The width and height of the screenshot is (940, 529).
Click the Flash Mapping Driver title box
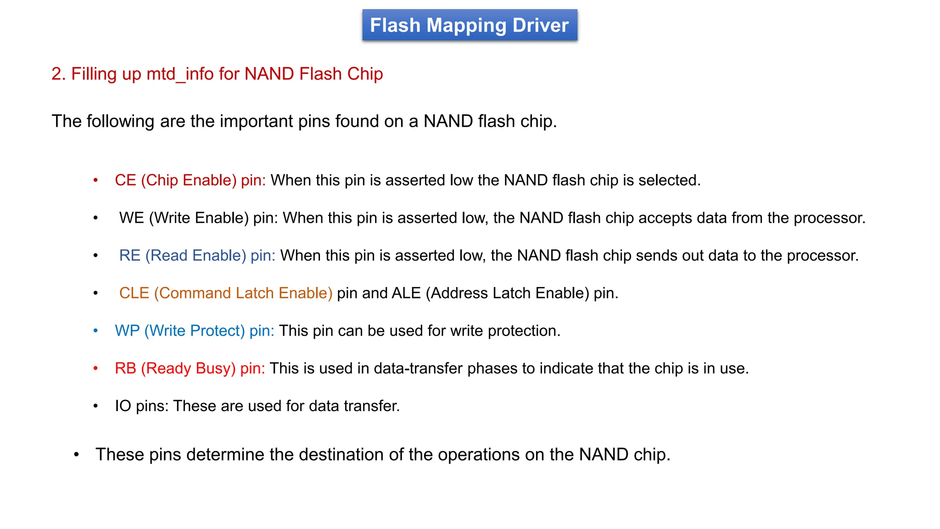469,25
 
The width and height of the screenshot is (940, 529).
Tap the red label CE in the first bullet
125,180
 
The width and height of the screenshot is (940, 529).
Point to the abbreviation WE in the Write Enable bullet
132,218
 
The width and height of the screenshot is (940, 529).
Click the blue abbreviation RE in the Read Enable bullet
130,256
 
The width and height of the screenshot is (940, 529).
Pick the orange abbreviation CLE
134,293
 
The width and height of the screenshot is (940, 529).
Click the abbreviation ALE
406,293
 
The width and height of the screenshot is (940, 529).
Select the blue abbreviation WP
127,331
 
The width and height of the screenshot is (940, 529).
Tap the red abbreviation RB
125,369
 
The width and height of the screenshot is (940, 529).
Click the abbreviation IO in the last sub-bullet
123,406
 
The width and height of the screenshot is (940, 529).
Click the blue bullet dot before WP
95,331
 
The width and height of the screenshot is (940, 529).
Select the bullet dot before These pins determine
77,455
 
